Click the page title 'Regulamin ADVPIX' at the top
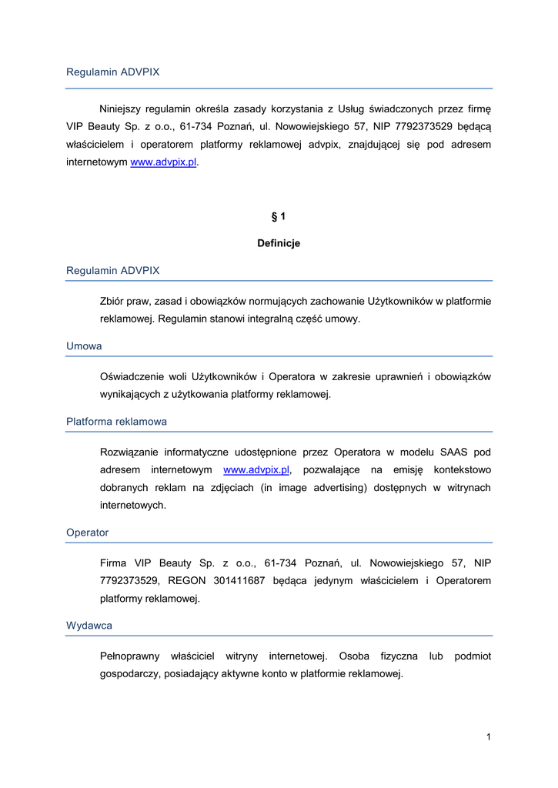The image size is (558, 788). pos(113,72)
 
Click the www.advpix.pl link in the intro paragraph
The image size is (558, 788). pos(163,163)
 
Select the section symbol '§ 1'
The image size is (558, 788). pos(278,216)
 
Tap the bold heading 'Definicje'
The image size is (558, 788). pos(279,243)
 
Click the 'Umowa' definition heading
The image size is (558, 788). pos(84,346)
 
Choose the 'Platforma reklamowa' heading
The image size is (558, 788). pos(116,422)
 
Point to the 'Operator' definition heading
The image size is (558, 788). pos(87,533)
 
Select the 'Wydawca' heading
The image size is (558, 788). pos(89,626)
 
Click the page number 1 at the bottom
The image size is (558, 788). pos(488,737)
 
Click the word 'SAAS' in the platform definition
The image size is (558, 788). pos(454,451)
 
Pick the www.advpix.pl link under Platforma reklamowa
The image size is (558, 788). pos(256,469)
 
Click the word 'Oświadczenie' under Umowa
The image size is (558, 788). pos(132,376)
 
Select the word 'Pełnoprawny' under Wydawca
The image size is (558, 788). pos(129,656)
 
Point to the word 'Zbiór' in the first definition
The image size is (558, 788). pos(113,300)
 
